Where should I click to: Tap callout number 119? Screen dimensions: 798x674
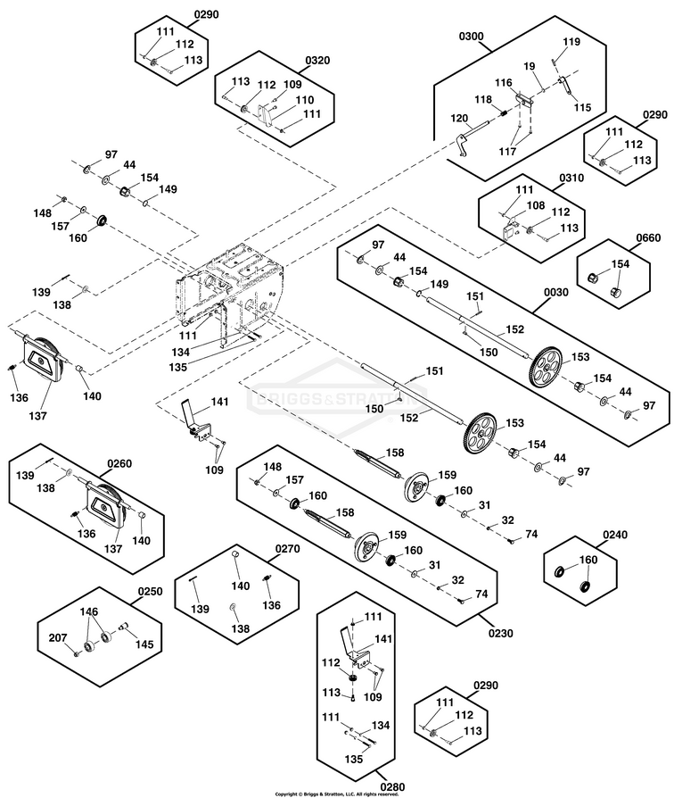pyautogui.click(x=571, y=42)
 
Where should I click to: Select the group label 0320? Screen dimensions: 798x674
pyautogui.click(x=317, y=61)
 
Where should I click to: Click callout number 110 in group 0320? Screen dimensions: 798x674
pyautogui.click(x=305, y=100)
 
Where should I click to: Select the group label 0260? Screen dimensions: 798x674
pyautogui.click(x=119, y=463)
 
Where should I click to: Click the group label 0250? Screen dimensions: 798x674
pyautogui.click(x=151, y=592)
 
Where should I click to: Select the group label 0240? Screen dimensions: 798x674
pyautogui.click(x=615, y=536)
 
